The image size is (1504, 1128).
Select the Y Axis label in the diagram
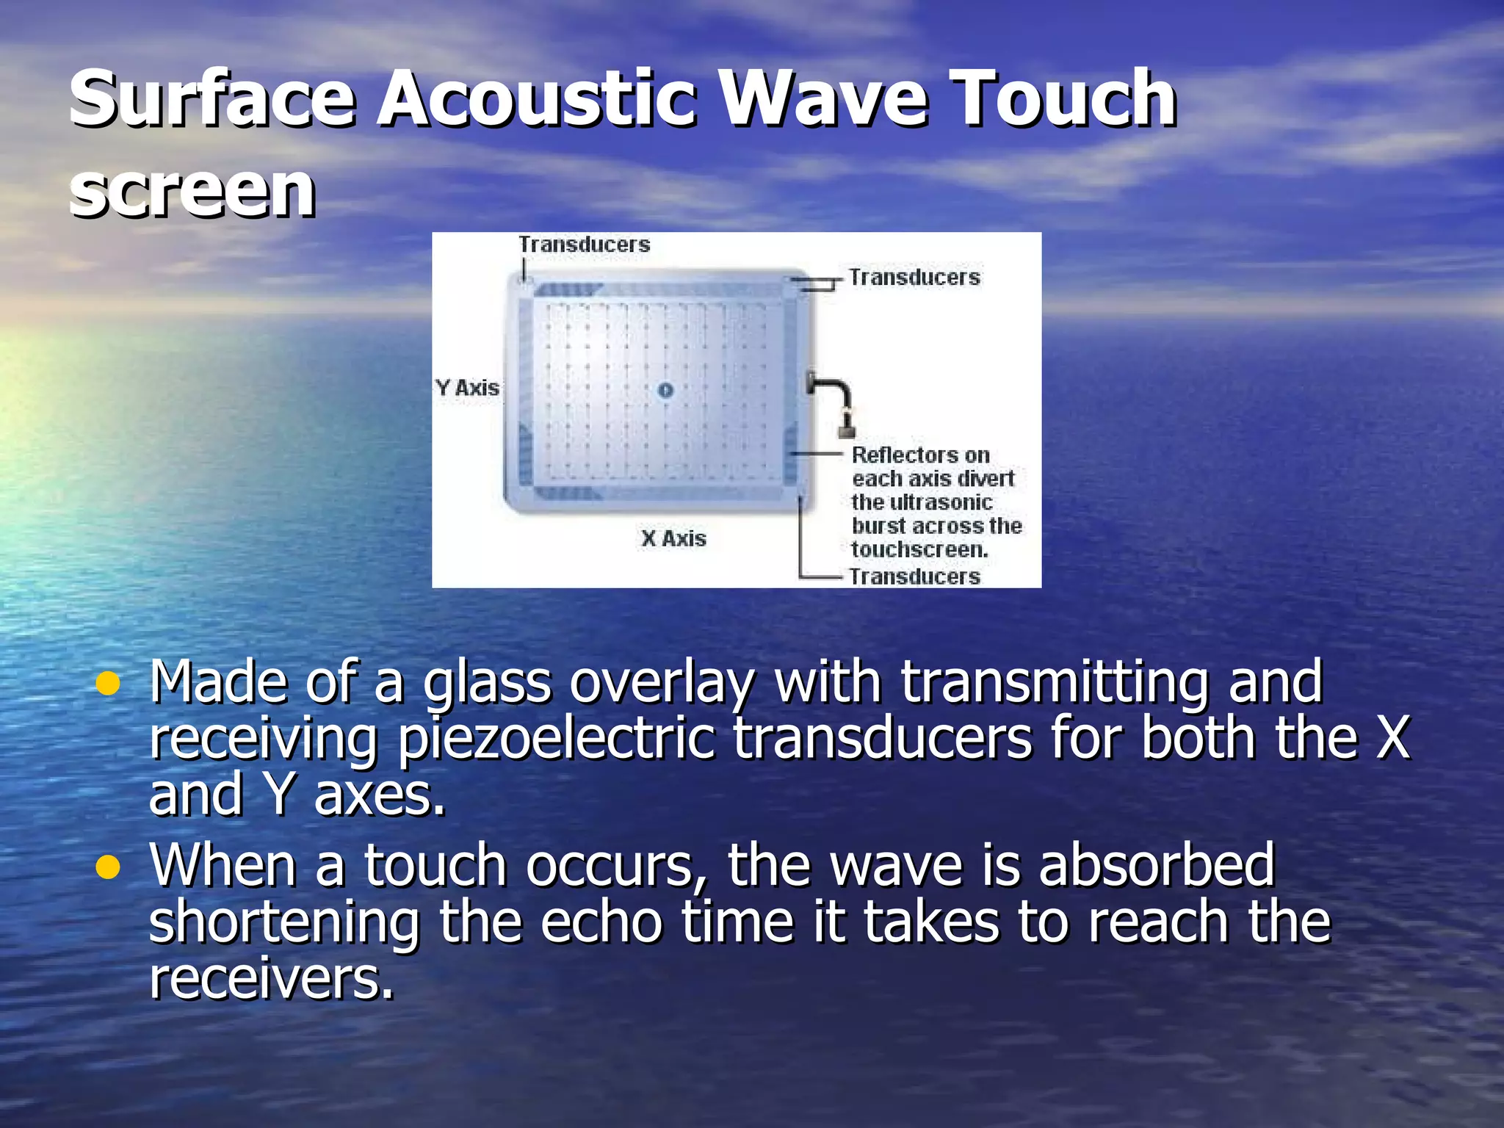(467, 388)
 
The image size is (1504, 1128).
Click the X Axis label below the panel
(673, 538)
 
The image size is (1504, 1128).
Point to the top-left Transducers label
(585, 245)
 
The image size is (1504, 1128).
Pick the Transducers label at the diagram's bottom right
(914, 576)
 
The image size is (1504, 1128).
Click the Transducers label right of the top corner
(914, 278)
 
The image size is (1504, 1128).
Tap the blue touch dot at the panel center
(665, 390)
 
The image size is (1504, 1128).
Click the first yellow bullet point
(108, 684)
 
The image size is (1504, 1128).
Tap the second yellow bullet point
(108, 868)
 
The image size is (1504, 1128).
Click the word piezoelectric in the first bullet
(556, 739)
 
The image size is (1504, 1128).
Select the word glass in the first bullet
(486, 683)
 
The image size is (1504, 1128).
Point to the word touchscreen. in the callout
(919, 549)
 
